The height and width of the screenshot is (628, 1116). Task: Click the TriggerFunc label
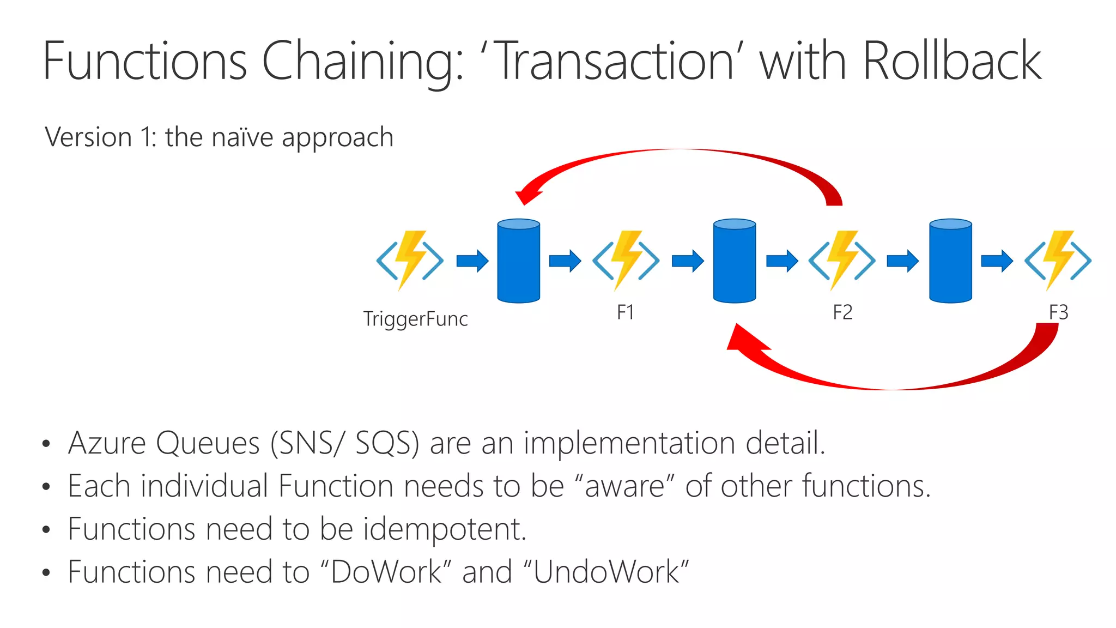tap(415, 319)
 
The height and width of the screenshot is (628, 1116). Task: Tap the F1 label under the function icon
tap(625, 312)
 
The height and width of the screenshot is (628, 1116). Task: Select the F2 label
tap(842, 312)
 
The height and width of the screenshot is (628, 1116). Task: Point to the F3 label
tap(1058, 312)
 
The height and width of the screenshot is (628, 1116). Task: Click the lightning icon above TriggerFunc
tap(410, 260)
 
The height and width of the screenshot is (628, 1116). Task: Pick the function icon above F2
tap(842, 260)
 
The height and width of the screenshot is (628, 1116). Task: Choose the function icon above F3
tap(1058, 260)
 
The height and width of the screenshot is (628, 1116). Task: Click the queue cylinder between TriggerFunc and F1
tap(519, 261)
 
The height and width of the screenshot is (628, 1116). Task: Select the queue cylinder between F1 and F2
tap(735, 261)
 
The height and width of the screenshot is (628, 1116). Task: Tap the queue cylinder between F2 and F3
tap(950, 261)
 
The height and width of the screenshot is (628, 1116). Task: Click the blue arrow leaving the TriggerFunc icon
tap(472, 261)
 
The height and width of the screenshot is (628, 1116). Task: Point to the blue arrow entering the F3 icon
tap(997, 261)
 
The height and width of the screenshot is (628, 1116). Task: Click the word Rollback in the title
tap(951, 61)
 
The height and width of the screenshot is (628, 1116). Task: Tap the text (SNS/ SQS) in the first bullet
tap(344, 442)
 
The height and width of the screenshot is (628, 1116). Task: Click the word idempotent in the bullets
tap(444, 529)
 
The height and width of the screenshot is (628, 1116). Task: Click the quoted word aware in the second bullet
tap(624, 486)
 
